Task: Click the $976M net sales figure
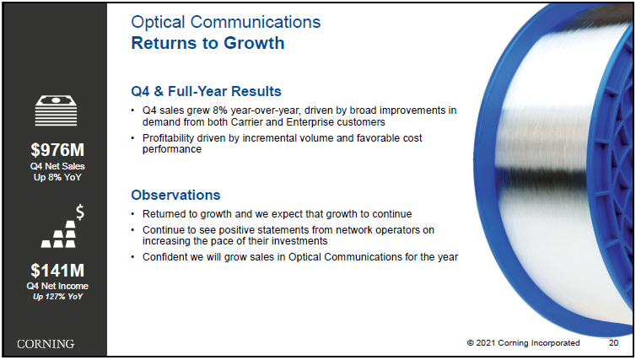[57, 150]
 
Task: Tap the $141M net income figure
[57, 271]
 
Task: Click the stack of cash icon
[56, 110]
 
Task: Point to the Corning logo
[46, 344]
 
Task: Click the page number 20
[613, 343]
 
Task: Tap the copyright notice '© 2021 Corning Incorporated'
[523, 343]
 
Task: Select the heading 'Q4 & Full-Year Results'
[206, 91]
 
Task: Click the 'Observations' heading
[175, 195]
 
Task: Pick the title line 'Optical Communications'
[226, 22]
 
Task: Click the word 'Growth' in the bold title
[254, 43]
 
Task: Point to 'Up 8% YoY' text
[57, 177]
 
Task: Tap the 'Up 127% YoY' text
[57, 297]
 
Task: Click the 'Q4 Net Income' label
[57, 286]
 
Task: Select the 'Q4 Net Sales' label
[57, 166]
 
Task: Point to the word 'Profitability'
[169, 138]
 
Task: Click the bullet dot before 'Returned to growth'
[132, 214]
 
